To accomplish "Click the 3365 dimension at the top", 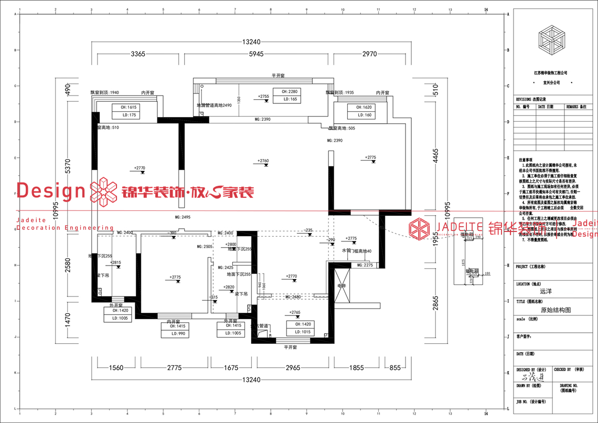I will tap(138, 54).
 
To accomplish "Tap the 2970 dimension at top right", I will tap(370, 54).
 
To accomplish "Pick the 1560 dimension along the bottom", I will tap(115, 367).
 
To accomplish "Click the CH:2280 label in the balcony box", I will tap(290, 92).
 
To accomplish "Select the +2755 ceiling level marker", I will tap(263, 97).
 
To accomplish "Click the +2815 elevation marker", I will tap(115, 262).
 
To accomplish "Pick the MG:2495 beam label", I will tap(183, 217).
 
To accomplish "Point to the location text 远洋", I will tap(546, 290).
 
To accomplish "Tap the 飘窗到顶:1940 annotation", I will tap(105, 92).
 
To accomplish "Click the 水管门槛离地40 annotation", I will tap(357, 251).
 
